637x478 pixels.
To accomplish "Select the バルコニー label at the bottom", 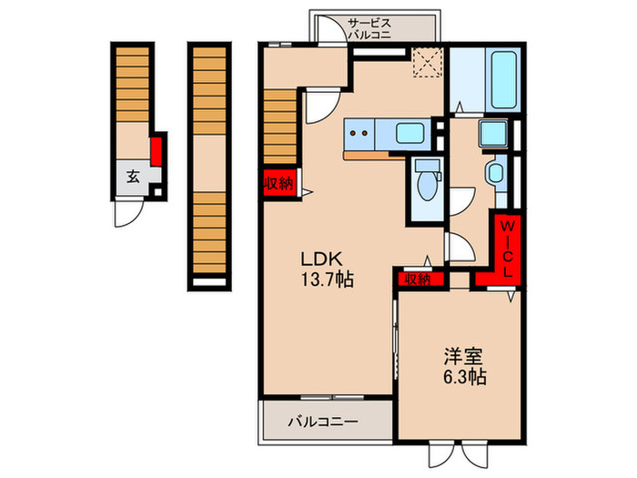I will click(x=324, y=422).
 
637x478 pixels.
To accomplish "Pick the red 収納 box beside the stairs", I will click(x=278, y=183).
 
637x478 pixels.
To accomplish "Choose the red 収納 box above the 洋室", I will click(x=416, y=280).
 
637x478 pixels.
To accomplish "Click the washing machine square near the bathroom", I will click(x=493, y=134).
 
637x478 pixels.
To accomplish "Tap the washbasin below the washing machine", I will click(x=496, y=173).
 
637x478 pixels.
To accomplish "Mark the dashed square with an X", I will click(x=426, y=62).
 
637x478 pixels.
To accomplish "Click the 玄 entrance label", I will click(x=133, y=177).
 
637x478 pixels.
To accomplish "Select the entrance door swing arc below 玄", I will click(x=126, y=215).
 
